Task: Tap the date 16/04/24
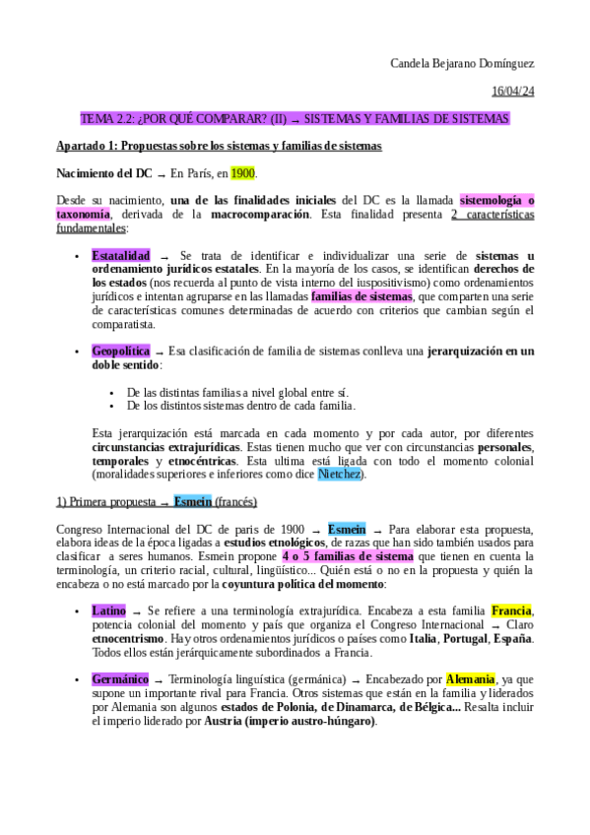point(512,92)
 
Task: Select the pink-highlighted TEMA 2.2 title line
point(295,119)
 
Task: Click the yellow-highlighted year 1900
point(242,173)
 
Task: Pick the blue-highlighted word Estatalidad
point(121,255)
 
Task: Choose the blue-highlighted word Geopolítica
point(120,351)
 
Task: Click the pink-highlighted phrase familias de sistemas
point(361,295)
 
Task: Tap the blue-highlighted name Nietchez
point(340,474)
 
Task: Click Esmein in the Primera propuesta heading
point(191,501)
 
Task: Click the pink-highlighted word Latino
point(108,610)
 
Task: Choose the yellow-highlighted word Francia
point(511,610)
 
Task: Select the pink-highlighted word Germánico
point(120,679)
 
